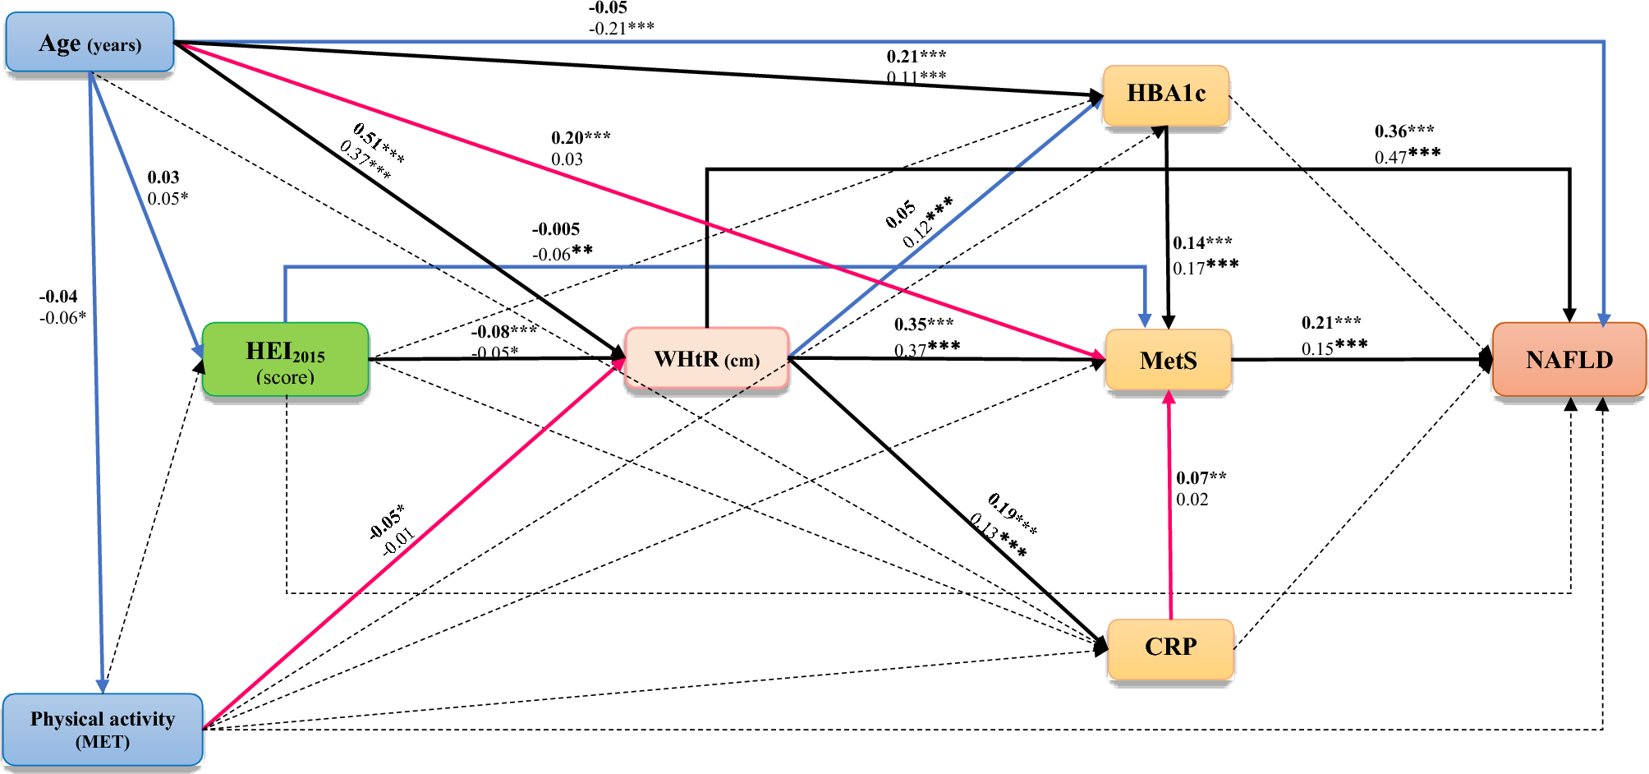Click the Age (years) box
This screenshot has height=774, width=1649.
click(90, 43)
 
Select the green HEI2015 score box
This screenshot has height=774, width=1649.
click(285, 360)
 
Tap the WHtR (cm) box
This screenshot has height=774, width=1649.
click(706, 359)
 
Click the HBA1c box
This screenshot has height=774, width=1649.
click(1165, 94)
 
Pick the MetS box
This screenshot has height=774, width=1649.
click(1168, 360)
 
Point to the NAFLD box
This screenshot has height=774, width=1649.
click(1569, 360)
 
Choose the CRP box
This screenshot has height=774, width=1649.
click(1170, 647)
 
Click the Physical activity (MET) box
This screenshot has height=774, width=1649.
click(103, 729)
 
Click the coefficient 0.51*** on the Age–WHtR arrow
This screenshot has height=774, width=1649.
click(379, 142)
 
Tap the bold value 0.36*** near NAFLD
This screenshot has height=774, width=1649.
click(1404, 131)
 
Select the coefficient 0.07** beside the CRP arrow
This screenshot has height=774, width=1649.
click(1201, 477)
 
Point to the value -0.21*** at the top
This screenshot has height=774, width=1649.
click(621, 29)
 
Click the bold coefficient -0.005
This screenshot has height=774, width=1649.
click(556, 229)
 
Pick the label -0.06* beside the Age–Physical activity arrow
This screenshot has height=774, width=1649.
click(62, 318)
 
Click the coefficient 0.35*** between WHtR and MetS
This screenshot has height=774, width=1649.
click(924, 325)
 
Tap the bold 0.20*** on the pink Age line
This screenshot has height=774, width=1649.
click(581, 137)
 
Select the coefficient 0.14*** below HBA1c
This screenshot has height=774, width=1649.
click(1202, 243)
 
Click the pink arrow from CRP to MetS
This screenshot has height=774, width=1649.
click(1170, 509)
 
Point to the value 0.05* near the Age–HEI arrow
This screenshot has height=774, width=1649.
click(168, 199)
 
